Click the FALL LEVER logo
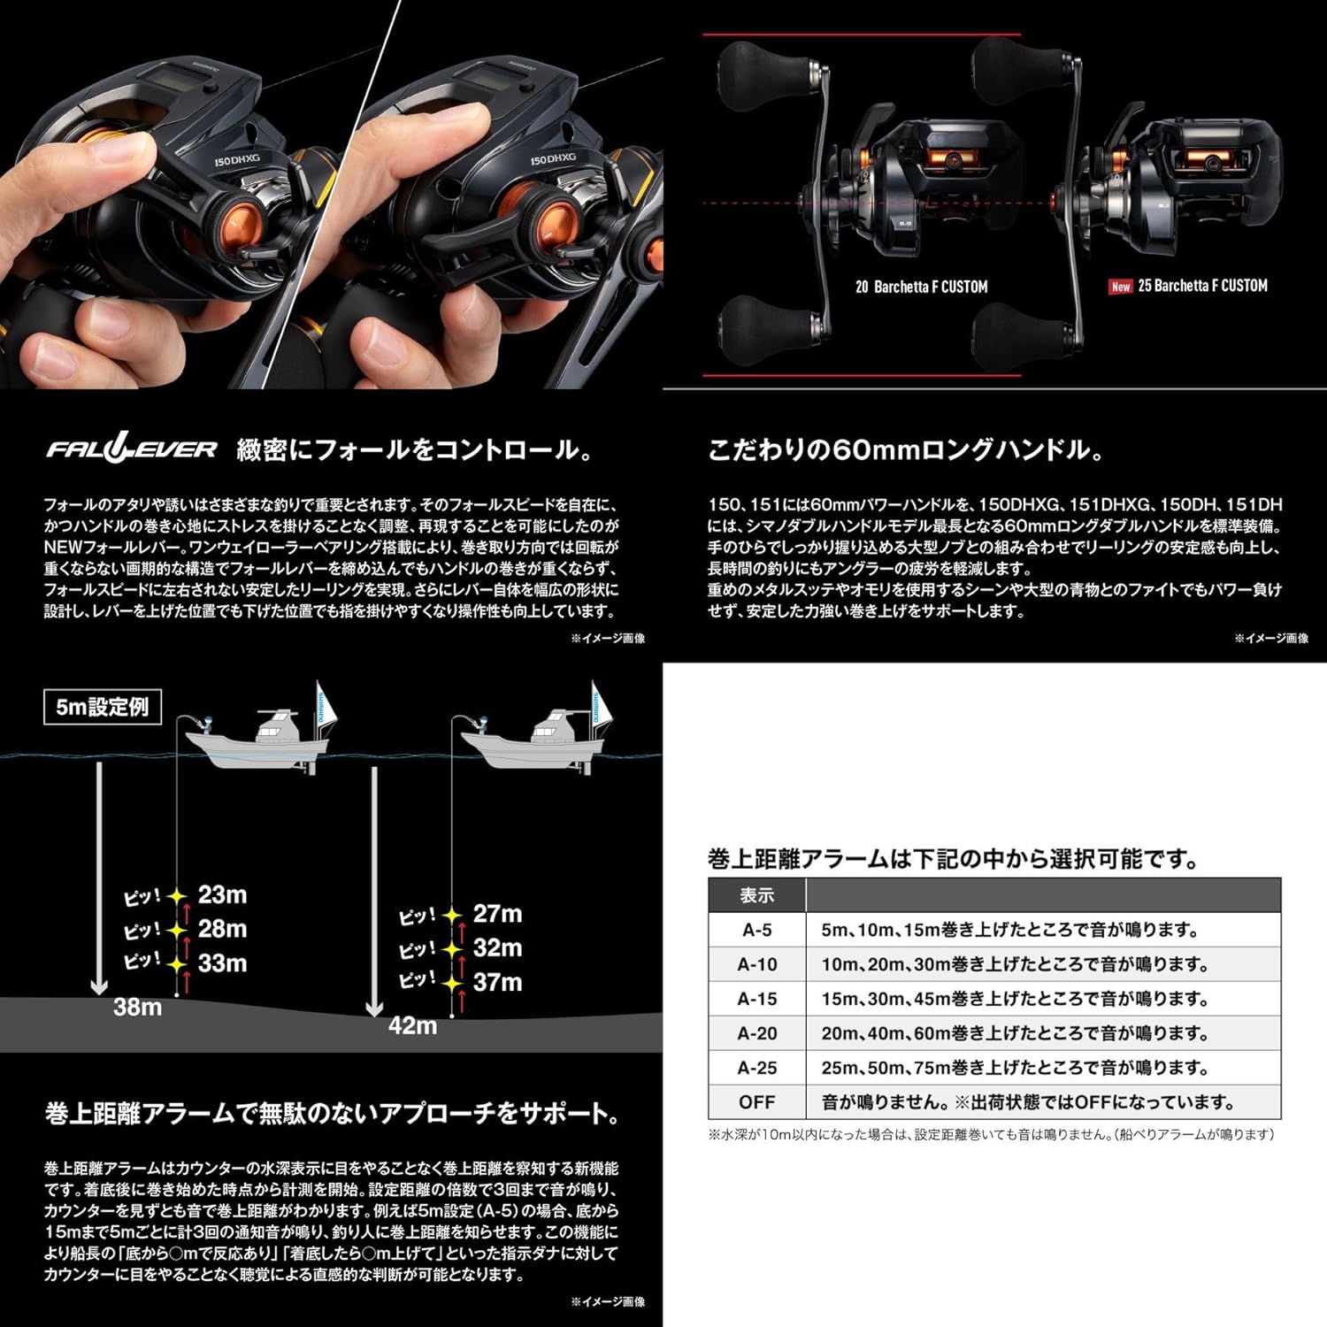coord(131,449)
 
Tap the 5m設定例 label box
coord(103,707)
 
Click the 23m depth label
coord(222,894)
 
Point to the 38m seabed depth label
coord(137,1007)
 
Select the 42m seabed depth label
coord(412,1025)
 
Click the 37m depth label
coord(497,982)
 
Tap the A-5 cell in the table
coord(757,930)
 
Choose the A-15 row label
coord(757,999)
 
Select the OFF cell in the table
coord(757,1102)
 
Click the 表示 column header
coord(757,895)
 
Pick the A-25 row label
coord(757,1068)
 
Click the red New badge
coord(1121,287)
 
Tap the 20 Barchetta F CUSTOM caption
coord(921,287)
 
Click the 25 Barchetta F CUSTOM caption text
coord(1202,286)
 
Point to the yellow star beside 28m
coord(178,931)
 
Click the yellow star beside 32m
coord(453,949)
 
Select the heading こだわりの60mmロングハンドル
coord(905,449)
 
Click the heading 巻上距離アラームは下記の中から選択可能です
coord(954,858)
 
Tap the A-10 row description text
coord(1014,964)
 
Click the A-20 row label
coord(757,1033)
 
